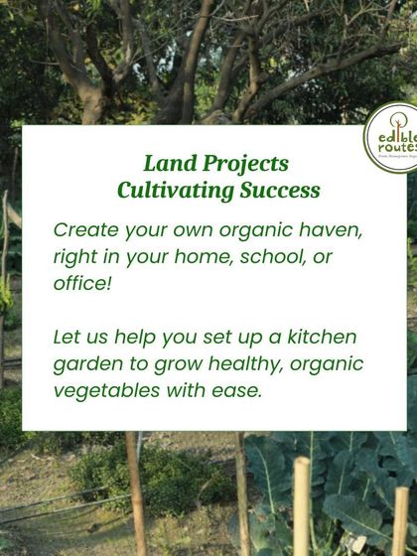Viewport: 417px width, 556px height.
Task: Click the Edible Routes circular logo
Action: tap(393, 138)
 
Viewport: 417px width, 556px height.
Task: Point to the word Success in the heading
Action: tap(281, 189)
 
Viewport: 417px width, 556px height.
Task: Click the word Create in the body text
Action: tap(85, 230)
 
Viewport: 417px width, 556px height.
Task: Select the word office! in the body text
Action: tap(82, 284)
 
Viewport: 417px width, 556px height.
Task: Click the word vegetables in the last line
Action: tap(103, 390)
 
